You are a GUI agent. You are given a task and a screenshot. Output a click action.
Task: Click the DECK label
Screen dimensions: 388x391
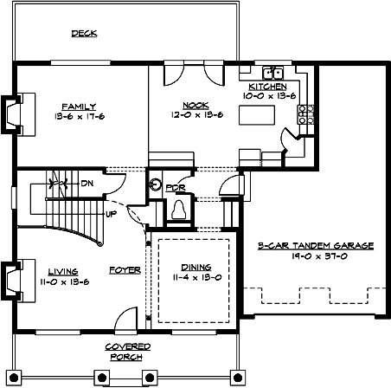click(x=84, y=34)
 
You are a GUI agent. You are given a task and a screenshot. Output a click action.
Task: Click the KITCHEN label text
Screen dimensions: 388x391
click(x=268, y=87)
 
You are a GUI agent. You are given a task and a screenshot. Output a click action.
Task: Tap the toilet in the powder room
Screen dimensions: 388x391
click(x=179, y=210)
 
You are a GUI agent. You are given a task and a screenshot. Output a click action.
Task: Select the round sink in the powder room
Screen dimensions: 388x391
click(x=156, y=184)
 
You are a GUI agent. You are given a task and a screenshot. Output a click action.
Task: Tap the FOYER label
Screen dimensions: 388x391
click(x=125, y=270)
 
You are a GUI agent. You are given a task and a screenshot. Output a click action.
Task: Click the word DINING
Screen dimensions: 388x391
click(x=190, y=268)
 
